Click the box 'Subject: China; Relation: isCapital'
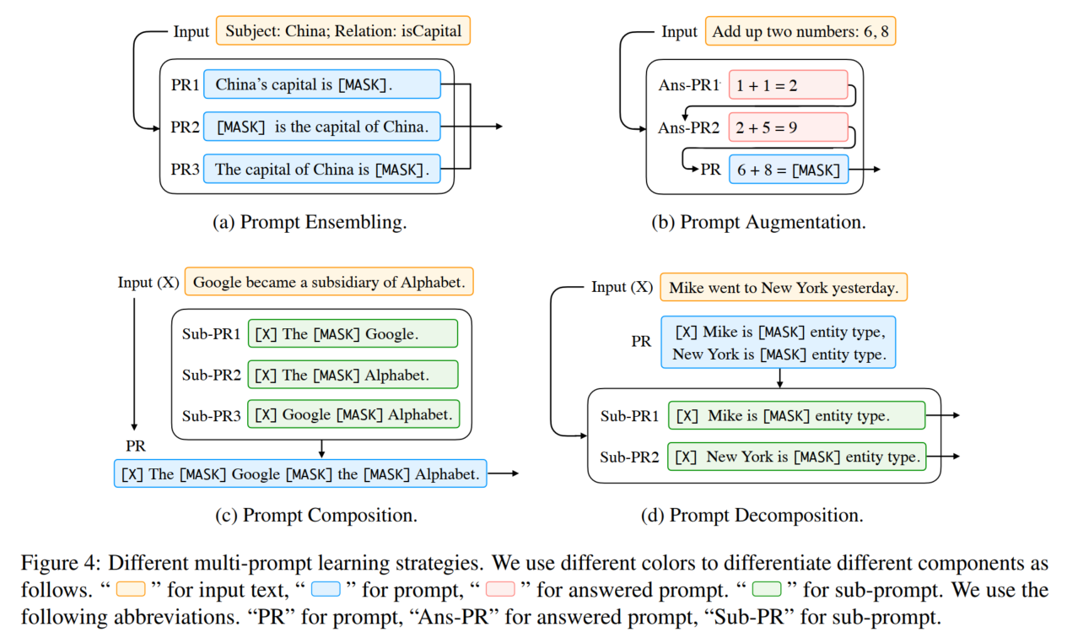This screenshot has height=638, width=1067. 342,32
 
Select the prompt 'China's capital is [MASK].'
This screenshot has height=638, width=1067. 321,84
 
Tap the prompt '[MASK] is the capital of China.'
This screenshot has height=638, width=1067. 321,127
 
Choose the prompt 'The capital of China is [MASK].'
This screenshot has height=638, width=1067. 321,170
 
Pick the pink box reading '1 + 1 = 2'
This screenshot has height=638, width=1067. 788,85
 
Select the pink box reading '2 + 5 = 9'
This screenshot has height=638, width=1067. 788,128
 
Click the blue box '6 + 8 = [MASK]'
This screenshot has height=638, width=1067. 788,170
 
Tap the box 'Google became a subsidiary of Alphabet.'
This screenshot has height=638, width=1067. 329,282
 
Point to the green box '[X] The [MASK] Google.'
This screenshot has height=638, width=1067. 353,333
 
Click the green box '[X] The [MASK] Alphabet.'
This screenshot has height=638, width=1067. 353,375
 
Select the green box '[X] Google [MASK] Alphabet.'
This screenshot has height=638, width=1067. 353,414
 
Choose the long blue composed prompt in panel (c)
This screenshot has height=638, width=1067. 301,473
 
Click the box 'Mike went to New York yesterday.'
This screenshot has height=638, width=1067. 784,288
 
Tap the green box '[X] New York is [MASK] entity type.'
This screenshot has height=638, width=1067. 796,457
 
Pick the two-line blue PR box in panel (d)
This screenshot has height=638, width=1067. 779,343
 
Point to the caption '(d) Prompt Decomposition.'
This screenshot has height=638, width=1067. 764,515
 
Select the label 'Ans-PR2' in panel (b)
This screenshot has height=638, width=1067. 688,128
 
